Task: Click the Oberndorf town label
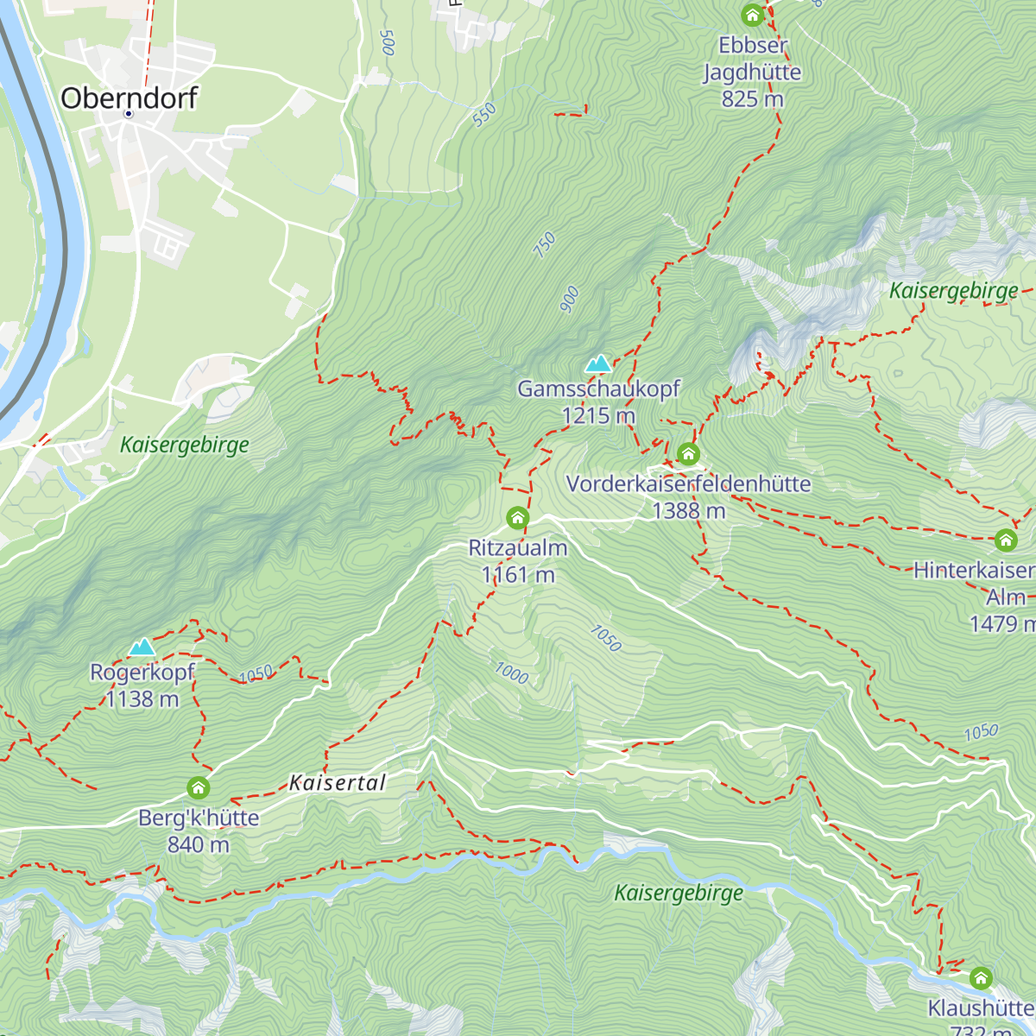[129, 98]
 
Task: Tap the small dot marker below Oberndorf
[129, 113]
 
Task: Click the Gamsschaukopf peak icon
[598, 363]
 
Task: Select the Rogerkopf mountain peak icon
[142, 647]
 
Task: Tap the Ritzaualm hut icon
[517, 518]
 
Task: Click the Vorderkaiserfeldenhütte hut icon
[688, 453]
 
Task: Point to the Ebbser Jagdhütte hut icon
[752, 16]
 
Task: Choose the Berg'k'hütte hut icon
[199, 787]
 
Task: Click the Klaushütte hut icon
[980, 978]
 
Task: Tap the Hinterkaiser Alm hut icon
[1005, 540]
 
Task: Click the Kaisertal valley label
[337, 783]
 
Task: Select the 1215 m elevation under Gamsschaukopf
[597, 416]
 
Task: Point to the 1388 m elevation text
[688, 511]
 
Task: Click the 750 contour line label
[545, 244]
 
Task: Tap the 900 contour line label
[570, 300]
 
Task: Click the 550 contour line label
[484, 114]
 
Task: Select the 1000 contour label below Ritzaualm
[511, 673]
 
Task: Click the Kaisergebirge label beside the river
[679, 893]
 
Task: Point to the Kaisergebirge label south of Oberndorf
[184, 445]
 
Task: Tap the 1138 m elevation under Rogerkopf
[142, 699]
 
